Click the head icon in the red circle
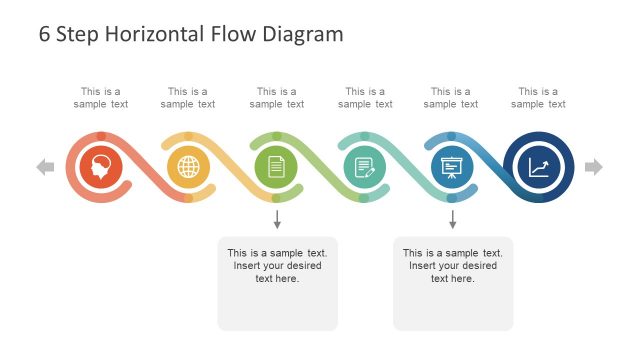101,167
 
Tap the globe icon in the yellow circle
189,167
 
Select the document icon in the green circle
277,167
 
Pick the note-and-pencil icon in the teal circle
364,167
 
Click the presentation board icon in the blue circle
452,167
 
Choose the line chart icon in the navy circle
539,167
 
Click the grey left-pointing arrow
45,167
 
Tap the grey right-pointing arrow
594,167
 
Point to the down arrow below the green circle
277,219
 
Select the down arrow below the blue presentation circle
452,219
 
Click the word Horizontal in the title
150,34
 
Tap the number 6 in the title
45,34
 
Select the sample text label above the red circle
101,97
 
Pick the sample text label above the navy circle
539,97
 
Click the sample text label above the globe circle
189,97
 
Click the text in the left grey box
277,265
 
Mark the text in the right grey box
452,265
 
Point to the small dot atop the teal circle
364,135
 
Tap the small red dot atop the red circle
101,135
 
